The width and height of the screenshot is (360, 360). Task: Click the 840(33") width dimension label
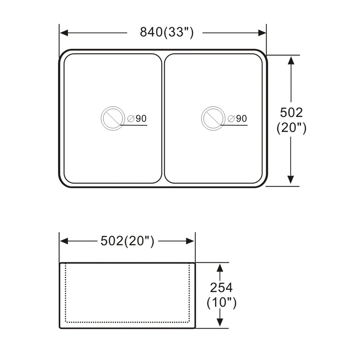(x=167, y=32)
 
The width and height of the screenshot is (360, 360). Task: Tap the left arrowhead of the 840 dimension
(x=64, y=33)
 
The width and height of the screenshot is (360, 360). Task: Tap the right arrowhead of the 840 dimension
(x=262, y=33)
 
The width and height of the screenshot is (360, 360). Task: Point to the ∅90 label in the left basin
(x=137, y=119)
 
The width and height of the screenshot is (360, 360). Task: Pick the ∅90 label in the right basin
(x=238, y=119)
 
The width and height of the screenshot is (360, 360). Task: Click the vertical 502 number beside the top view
(x=291, y=112)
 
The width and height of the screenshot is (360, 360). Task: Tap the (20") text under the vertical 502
(x=291, y=128)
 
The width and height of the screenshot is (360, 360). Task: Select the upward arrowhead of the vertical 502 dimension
(x=291, y=61)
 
